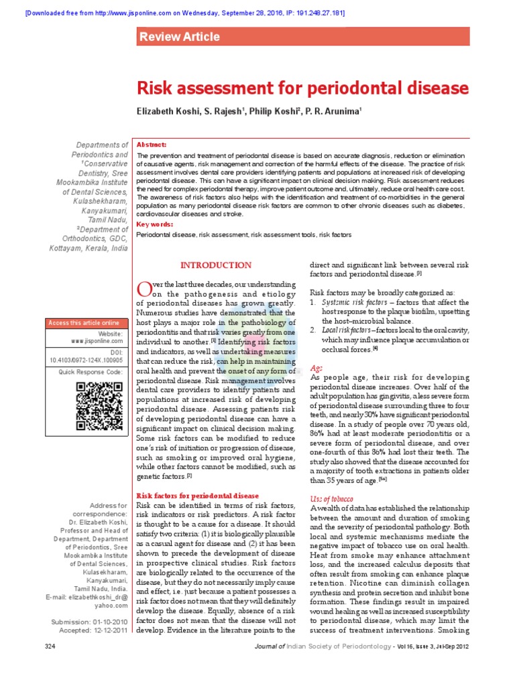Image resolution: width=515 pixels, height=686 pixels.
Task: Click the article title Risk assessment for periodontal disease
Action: (x=302, y=88)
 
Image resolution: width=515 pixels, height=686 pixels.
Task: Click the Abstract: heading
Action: (x=152, y=145)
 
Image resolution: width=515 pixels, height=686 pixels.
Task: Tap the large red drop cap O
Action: (x=144, y=289)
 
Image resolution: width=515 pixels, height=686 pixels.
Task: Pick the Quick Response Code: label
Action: (x=91, y=371)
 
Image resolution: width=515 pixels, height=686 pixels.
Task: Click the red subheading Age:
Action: (x=317, y=368)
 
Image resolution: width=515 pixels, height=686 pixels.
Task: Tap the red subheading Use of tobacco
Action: (x=332, y=500)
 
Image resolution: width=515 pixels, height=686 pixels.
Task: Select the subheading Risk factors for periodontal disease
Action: (x=197, y=496)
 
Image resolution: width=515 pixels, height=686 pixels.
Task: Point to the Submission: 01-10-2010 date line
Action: (x=89, y=622)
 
